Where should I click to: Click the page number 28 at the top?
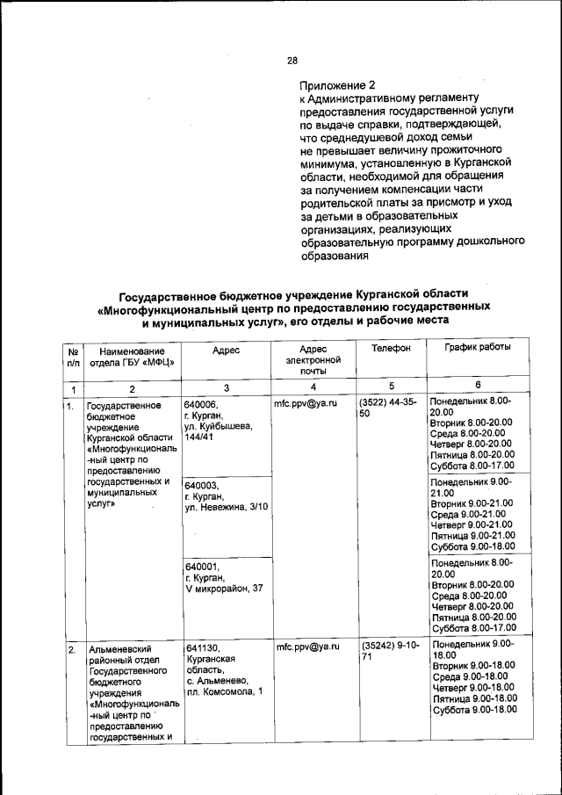point(292,60)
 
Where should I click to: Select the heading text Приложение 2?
point(337,85)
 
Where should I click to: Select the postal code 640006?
point(201,404)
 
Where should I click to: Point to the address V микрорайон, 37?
point(224,587)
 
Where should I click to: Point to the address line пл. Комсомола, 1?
point(225,692)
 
